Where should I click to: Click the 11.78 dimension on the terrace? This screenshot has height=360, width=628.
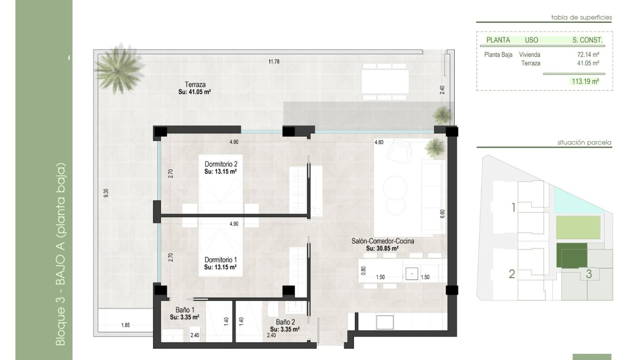point(273,61)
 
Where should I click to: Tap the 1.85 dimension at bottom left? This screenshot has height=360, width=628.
point(125,325)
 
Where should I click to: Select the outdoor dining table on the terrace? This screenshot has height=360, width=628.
point(385,81)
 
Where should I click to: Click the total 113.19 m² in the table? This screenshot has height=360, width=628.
point(585,81)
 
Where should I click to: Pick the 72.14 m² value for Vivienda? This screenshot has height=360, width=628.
point(588,55)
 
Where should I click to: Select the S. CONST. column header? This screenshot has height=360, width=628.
point(587,40)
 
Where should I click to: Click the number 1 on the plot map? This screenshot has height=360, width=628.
point(513,208)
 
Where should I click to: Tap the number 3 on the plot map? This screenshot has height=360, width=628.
point(589,274)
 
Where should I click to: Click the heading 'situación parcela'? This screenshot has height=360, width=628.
point(584,142)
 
